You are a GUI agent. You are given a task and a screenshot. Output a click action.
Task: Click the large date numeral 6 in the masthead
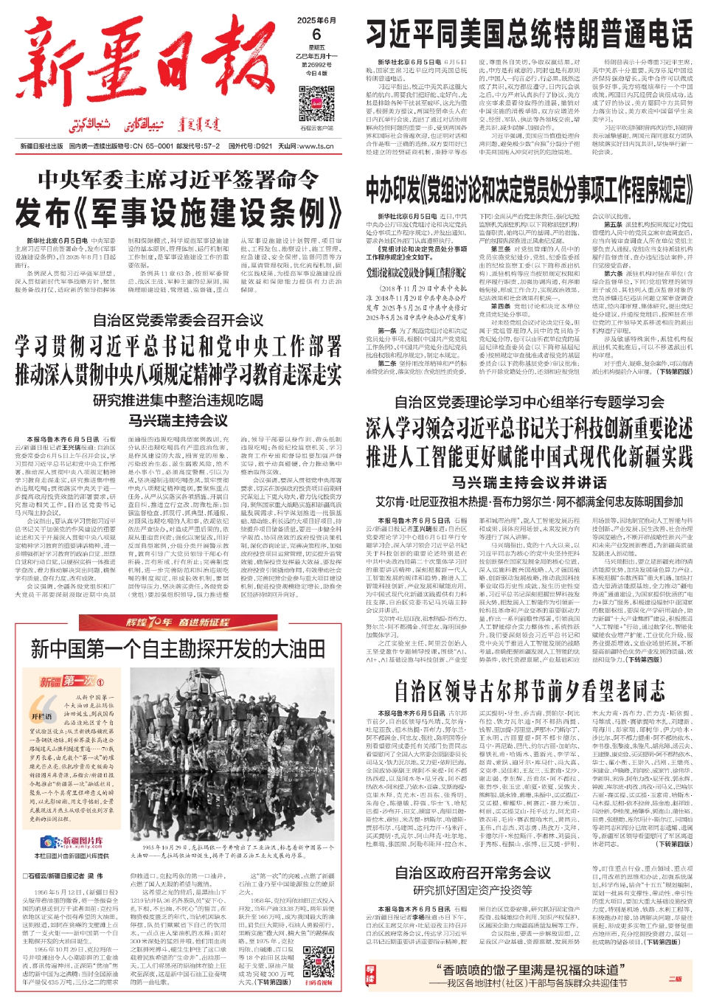316,35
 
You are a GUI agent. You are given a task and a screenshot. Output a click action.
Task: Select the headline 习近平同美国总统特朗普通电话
529,34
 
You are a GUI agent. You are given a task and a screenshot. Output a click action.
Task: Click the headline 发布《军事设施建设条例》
178,213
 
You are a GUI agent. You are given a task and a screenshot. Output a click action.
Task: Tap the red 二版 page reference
675,979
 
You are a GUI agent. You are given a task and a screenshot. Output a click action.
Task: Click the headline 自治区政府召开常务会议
473,873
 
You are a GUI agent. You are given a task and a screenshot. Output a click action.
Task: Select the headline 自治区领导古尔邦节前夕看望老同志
529,691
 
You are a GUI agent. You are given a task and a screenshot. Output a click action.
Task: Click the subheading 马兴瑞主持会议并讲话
529,482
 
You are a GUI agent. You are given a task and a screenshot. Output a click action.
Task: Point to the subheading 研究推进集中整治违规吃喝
178,400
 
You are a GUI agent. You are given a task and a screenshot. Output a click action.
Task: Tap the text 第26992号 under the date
316,65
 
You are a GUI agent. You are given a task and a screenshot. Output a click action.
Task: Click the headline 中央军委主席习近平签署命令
178,179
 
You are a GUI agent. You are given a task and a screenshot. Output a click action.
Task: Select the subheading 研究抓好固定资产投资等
473,890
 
